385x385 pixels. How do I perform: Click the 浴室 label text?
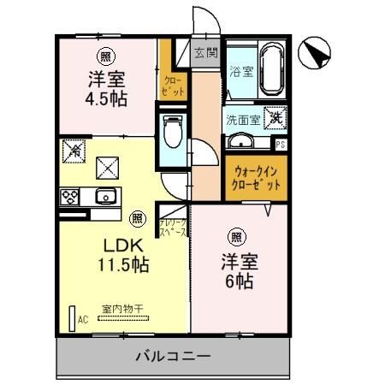pos(240,72)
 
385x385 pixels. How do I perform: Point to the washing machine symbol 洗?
pos(275,118)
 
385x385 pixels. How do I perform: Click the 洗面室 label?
pos(242,120)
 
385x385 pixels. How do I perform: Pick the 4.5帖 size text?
pos(107,98)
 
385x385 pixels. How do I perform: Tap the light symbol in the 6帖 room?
pos(236,235)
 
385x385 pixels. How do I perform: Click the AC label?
pos(83,319)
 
